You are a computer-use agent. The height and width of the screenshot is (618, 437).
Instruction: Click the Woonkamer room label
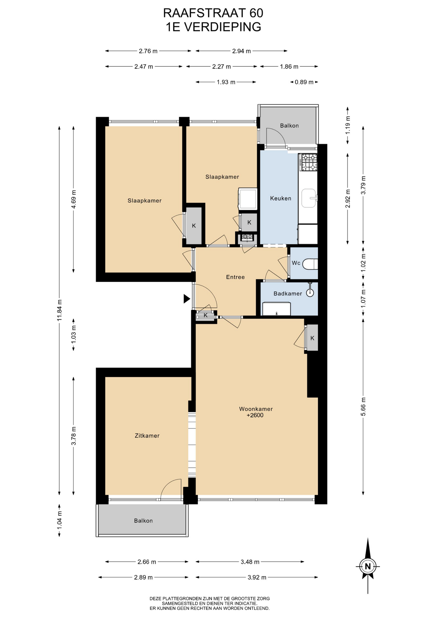click(256, 409)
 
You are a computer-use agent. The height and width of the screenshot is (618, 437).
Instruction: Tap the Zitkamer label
click(147, 435)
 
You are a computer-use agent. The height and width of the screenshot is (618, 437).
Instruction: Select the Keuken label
click(281, 198)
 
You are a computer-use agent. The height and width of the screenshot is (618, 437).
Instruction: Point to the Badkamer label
click(288, 294)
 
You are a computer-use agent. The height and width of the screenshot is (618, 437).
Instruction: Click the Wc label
click(296, 263)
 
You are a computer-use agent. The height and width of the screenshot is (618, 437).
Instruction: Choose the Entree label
click(235, 277)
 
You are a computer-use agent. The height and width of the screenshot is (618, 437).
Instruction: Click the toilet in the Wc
click(310, 264)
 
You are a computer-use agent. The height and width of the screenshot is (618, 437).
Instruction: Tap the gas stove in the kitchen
click(308, 162)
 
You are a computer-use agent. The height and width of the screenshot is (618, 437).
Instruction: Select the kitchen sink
click(309, 198)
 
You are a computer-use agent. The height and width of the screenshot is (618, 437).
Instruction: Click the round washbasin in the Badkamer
click(310, 293)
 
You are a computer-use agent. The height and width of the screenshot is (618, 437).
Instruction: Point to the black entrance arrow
click(187, 299)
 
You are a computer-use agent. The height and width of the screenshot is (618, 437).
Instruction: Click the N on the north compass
click(367, 566)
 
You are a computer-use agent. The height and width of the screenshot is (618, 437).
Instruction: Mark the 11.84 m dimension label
click(60, 310)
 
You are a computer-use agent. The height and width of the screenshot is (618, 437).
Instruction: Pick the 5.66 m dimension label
click(363, 407)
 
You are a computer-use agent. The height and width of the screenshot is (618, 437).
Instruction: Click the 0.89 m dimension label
click(304, 82)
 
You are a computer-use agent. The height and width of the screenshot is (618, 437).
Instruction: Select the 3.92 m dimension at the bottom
click(257, 577)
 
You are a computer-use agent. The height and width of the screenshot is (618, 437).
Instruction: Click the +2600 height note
click(255, 415)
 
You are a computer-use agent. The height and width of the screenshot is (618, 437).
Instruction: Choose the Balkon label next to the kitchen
click(289, 126)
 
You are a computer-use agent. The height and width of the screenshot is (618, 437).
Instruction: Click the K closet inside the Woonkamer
click(312, 338)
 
